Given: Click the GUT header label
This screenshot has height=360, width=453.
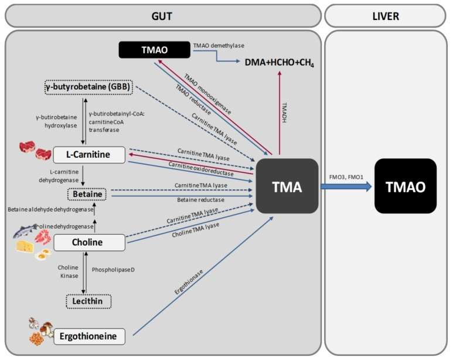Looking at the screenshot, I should tap(162, 16).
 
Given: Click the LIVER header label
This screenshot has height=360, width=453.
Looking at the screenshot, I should tap(385, 16).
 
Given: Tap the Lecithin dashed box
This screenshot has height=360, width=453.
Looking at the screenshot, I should tap(88, 301).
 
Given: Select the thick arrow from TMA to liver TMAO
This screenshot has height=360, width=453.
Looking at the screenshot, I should tap(346, 186).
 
